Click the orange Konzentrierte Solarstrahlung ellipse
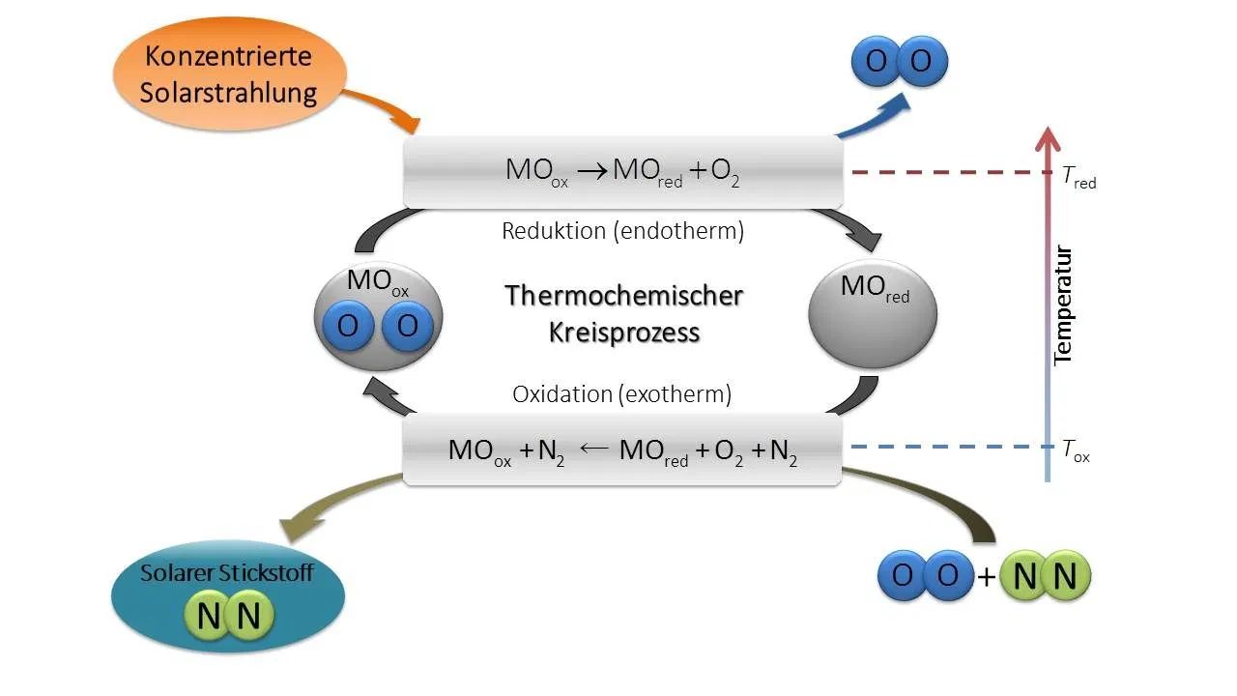point(228,74)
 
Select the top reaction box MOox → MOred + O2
point(622,171)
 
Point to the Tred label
point(1079,177)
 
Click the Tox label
point(1076,449)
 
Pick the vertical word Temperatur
point(1063,305)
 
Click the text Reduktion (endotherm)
point(622,231)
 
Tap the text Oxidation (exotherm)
point(621,393)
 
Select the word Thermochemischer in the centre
point(623,295)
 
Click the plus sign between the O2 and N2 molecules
point(985,578)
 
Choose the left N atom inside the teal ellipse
point(208,616)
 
